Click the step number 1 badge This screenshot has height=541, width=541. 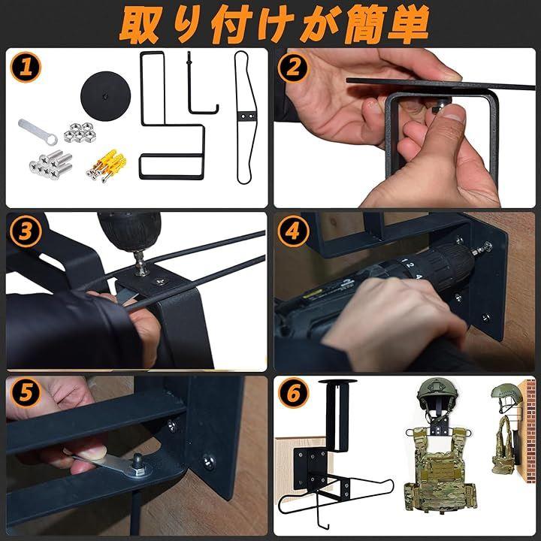26,67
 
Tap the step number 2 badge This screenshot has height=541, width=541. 293,67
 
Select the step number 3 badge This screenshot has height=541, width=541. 26,231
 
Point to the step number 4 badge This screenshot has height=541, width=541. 293,231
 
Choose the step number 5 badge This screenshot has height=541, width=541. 26,392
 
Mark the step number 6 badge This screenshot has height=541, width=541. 293,392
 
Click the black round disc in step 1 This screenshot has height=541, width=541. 106,96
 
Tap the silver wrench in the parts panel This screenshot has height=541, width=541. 38,131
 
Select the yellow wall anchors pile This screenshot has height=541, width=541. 107,165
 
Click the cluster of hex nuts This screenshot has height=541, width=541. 80,132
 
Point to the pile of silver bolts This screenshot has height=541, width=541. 51,165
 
